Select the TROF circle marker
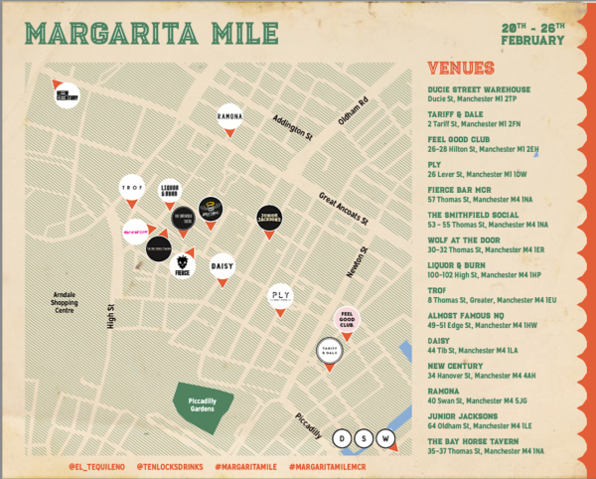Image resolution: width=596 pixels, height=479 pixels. [131, 188]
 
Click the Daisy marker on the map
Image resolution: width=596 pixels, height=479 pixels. [223, 266]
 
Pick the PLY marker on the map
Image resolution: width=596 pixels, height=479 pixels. [281, 295]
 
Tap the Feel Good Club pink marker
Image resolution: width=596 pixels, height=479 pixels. [347, 320]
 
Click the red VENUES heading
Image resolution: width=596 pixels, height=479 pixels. [460, 69]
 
